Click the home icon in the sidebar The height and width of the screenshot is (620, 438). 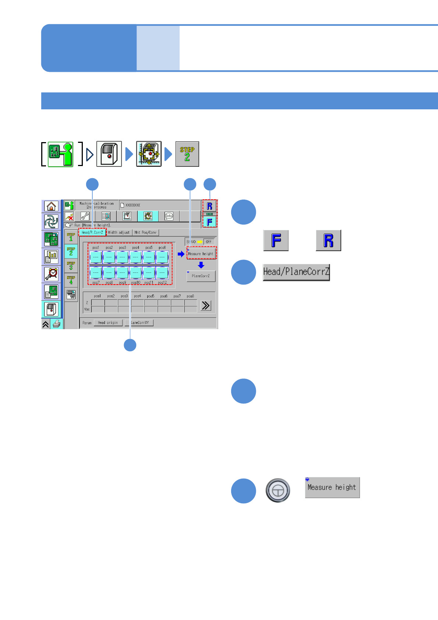click(x=52, y=206)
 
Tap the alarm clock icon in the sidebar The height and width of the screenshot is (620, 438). click(x=52, y=274)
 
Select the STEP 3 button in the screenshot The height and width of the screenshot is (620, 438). click(x=71, y=265)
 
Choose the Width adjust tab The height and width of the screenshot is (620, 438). click(x=119, y=232)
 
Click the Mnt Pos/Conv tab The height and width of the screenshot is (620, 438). click(x=145, y=232)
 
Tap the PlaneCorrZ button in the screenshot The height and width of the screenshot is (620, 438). click(x=201, y=276)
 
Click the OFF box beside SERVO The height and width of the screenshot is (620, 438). click(x=209, y=242)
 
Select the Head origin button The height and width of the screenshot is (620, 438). click(x=108, y=323)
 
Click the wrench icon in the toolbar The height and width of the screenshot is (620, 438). click(x=85, y=216)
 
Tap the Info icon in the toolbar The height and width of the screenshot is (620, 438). click(x=169, y=216)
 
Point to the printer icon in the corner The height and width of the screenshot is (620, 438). click(x=57, y=324)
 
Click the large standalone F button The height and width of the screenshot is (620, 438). click(x=276, y=240)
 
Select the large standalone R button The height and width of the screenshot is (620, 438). click(x=328, y=240)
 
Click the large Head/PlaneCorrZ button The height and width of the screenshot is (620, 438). click(x=296, y=272)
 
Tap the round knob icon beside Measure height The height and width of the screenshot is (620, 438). click(x=278, y=490)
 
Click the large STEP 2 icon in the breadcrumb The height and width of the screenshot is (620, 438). click(x=187, y=154)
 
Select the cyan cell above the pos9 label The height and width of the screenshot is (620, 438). click(x=122, y=273)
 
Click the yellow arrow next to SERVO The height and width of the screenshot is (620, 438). click(x=200, y=242)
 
